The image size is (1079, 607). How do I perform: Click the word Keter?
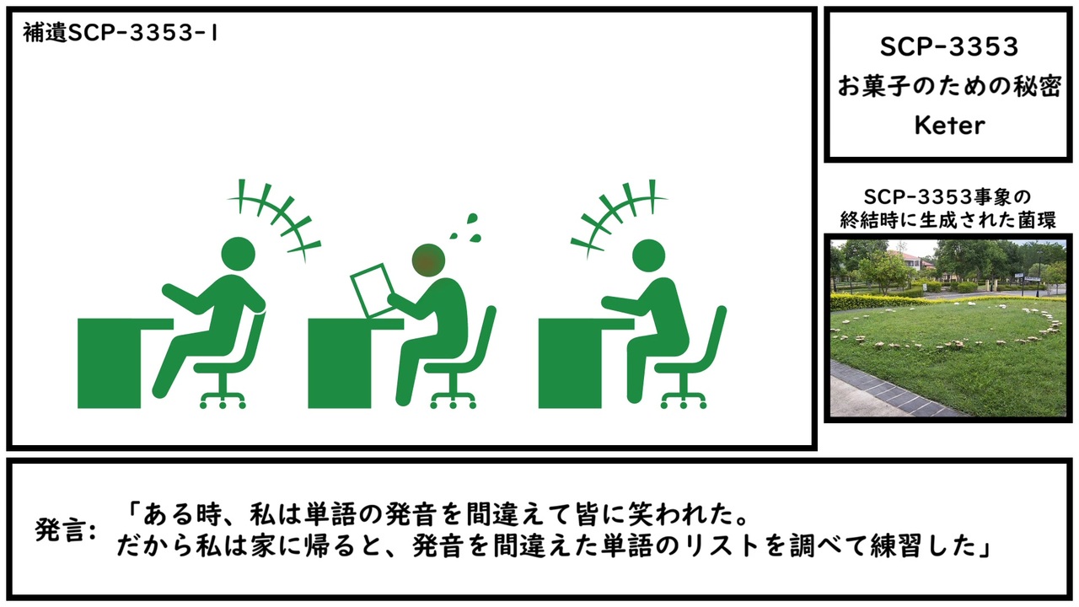coord(949,126)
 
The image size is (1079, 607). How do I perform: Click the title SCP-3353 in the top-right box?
coord(949,46)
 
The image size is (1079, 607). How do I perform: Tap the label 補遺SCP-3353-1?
coord(121,33)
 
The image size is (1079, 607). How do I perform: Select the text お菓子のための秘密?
coord(949,86)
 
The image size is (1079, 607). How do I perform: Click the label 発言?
coord(66,530)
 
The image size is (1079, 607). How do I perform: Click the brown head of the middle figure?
coord(428,261)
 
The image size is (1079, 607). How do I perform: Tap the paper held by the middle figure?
coord(372,290)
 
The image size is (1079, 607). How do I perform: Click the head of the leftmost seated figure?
coord(238,254)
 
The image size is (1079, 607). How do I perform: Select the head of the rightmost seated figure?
coord(648,256)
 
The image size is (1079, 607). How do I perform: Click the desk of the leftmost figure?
coord(124,363)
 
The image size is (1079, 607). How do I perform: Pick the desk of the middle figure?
coord(355,363)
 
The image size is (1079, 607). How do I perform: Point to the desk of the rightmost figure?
coord(585,363)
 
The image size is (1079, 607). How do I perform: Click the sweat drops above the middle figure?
coord(466,227)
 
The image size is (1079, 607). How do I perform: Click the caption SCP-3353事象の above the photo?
coord(947,197)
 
